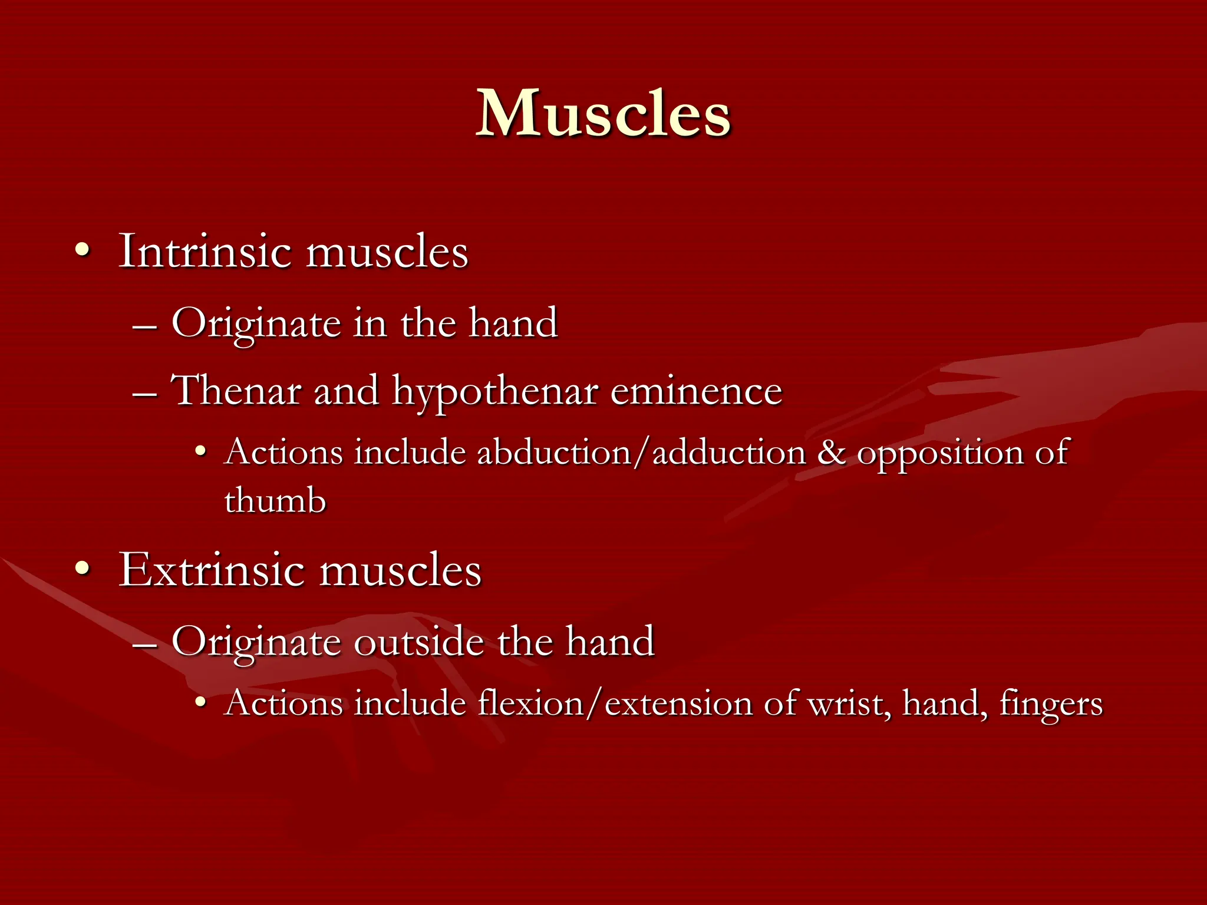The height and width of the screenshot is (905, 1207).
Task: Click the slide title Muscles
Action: coord(603,113)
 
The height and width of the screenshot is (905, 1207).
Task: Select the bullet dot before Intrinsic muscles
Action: coord(83,251)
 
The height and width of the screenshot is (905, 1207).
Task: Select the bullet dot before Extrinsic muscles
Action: coord(83,569)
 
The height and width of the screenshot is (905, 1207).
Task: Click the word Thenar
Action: coord(236,391)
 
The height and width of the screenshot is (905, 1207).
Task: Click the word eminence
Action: coord(696,391)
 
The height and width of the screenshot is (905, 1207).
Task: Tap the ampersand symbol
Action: coord(831,453)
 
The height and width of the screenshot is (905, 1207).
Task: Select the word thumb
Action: coord(275,501)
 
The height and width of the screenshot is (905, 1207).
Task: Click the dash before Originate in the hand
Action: coord(145,326)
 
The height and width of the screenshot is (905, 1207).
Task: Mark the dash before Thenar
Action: coord(145,393)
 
